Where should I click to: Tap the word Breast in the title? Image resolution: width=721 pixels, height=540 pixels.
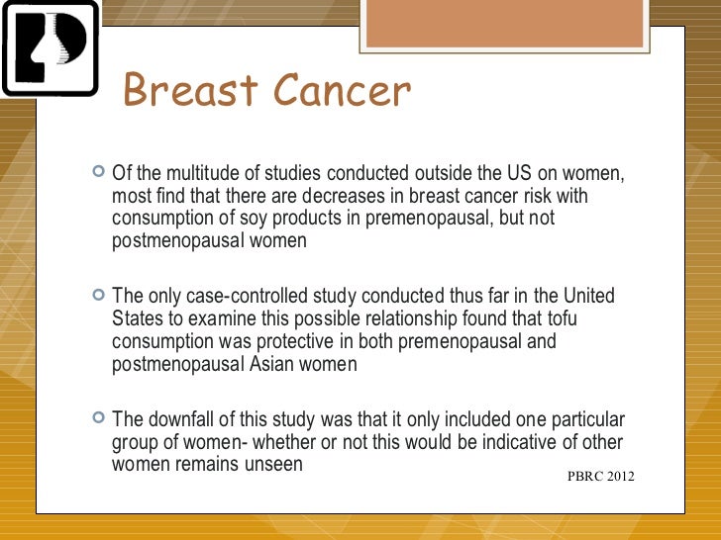(x=189, y=92)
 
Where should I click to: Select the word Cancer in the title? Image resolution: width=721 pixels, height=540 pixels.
(x=340, y=92)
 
